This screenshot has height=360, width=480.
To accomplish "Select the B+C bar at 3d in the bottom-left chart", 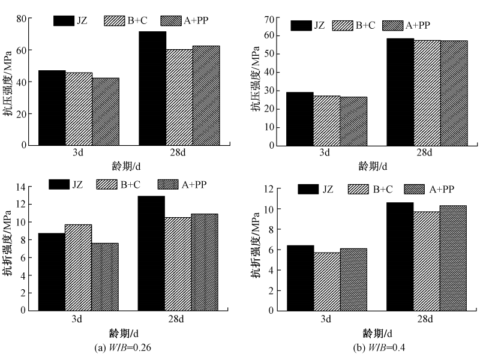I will [79, 268].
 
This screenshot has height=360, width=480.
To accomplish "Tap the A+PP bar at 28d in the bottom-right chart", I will [453, 258].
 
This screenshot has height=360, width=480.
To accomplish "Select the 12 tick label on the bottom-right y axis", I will [268, 189].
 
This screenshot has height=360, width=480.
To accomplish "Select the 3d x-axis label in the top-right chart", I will [325, 153].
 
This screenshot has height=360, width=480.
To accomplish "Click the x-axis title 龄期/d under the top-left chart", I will [125, 165].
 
